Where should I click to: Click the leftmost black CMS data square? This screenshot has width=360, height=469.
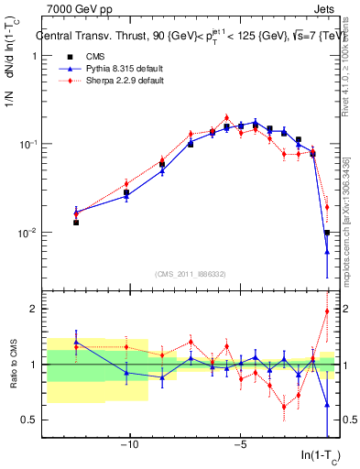(76, 223)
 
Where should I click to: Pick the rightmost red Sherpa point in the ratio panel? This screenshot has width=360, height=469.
(327, 311)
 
